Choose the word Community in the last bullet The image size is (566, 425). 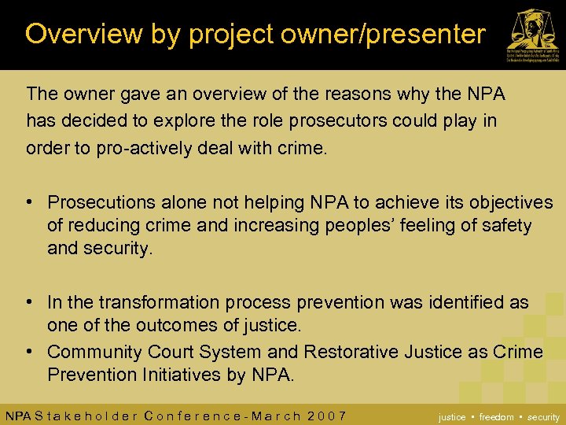click(x=94, y=351)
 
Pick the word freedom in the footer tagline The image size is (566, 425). click(x=497, y=417)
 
